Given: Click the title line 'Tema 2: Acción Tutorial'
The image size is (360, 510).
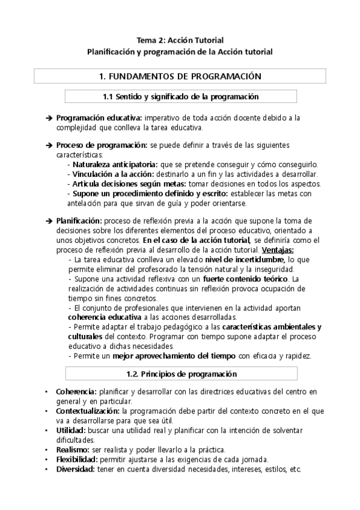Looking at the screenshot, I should click(180, 40).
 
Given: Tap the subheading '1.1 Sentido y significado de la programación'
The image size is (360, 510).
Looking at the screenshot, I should click(180, 96).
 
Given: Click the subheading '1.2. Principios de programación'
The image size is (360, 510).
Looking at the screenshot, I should click(180, 374).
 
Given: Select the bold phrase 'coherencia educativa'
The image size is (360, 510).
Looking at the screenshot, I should click(105, 317).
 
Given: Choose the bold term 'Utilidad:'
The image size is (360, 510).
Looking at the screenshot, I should click(70, 431).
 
